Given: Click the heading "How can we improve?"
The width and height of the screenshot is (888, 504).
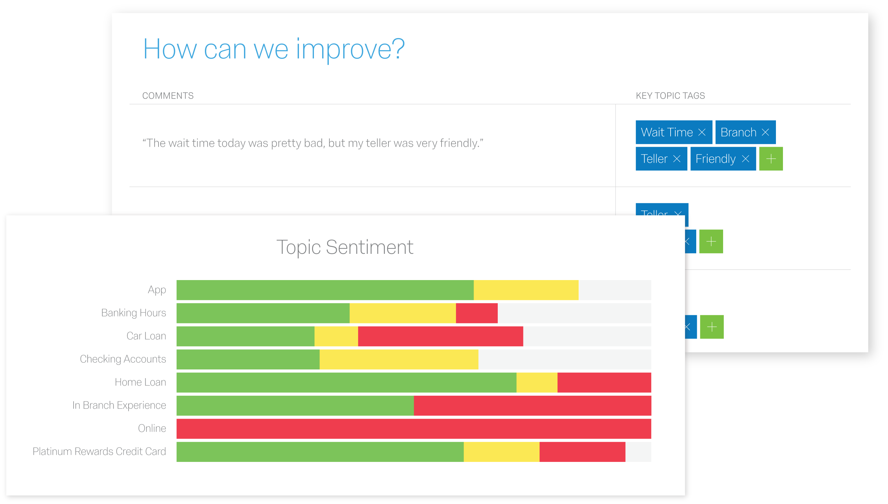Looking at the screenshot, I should point(274,49).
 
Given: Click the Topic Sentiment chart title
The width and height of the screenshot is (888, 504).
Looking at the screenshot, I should point(345,247).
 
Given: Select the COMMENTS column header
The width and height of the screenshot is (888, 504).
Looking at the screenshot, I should point(168,96).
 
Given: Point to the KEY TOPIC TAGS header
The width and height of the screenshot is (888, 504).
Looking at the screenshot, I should point(670,96).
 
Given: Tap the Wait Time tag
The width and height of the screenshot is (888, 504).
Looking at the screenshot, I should point(667,132).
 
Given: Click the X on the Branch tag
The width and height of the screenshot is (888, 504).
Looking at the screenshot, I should point(765,132).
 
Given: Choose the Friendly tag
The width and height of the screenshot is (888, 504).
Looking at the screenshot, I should point(715,159).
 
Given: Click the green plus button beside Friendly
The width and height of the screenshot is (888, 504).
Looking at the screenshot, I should point(771,159).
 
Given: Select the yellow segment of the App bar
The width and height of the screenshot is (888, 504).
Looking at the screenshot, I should point(526,290).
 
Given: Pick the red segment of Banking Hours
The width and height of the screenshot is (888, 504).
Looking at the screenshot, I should point(476,313).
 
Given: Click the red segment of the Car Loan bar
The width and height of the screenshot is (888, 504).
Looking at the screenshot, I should point(440,336).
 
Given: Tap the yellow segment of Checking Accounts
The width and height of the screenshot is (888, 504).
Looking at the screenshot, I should point(399,359).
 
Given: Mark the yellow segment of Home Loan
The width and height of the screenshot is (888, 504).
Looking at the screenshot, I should point(537,383).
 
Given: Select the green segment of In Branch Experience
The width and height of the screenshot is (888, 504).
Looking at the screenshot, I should point(295,406).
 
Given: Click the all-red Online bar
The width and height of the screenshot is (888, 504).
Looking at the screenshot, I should point(414,429).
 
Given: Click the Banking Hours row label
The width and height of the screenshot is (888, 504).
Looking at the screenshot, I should point(133,313).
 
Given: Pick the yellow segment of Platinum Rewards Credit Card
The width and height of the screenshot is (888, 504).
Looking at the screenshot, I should point(501,452).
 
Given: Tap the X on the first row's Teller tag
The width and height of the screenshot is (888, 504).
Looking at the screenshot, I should point(677,159).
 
